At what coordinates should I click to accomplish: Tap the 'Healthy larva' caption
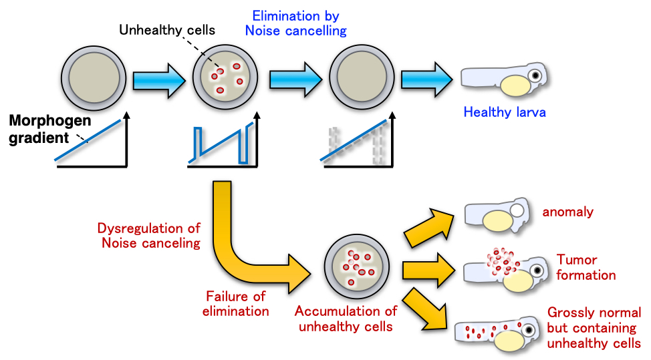pos(504,112)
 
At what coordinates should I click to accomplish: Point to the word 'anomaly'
pos(568,212)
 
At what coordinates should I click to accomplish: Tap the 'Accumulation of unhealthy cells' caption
pos(346,319)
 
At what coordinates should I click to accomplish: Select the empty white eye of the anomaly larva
pos(517,212)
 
